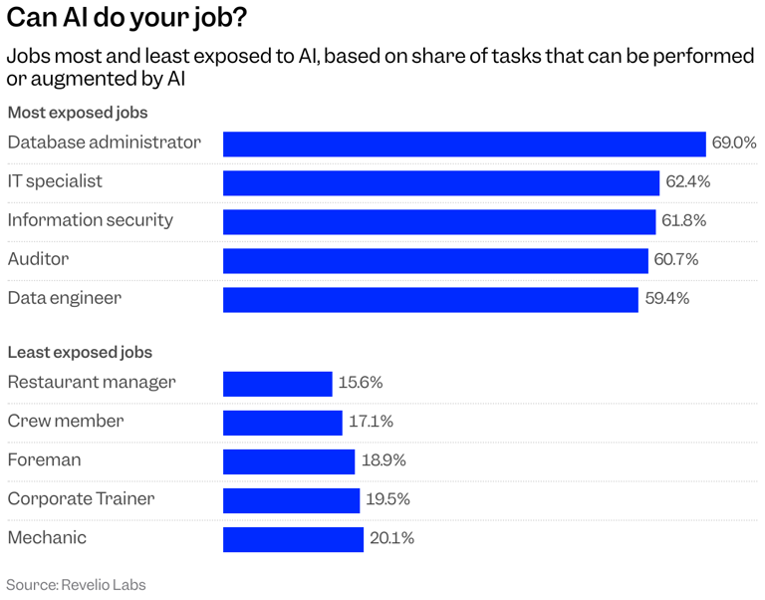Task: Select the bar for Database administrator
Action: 464,144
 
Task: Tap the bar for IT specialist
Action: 441,182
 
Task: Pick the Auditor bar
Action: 435,260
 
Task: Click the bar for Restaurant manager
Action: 277,384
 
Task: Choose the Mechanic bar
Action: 293,539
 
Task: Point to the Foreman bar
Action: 289,461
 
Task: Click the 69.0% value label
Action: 734,144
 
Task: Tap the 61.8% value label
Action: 684,221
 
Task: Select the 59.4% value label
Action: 666,299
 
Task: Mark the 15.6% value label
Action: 361,384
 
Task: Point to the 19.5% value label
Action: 387,500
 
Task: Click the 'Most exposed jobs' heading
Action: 78,113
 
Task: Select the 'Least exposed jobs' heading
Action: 80,352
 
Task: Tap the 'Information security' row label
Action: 90,220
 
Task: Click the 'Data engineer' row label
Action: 64,298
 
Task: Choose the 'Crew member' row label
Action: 66,422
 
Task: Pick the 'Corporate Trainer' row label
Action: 81,499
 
